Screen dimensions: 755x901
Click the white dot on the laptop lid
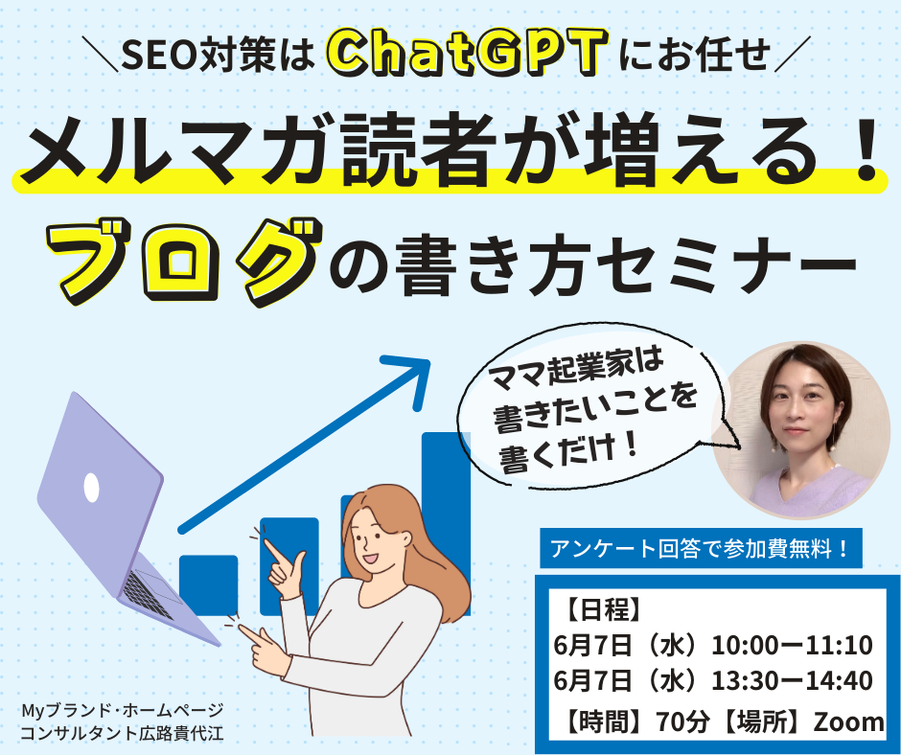(x=91, y=488)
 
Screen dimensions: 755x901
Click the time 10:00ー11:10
(x=792, y=644)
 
